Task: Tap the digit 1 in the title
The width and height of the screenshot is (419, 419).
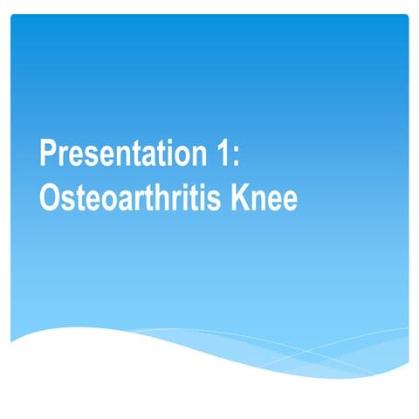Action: tap(221, 155)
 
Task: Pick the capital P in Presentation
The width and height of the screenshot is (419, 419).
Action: tap(48, 155)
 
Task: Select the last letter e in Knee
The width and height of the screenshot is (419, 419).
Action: tap(290, 202)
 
